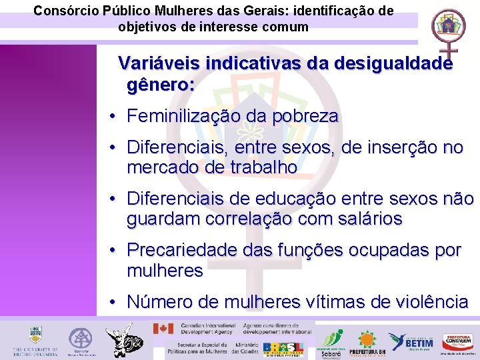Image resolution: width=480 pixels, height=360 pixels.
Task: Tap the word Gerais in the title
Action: click(254, 11)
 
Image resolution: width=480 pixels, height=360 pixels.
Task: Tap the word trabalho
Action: click(259, 167)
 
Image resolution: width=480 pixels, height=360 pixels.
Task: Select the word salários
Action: click(363, 219)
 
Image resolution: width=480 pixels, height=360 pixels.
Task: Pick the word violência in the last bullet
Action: click(427, 302)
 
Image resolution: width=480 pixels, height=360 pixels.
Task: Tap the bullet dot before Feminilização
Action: click(114, 116)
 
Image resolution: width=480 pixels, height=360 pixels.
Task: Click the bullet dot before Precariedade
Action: click(114, 250)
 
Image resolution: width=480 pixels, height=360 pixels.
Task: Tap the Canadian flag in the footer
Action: click(163, 329)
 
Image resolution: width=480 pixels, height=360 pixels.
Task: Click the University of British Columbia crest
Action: click(35, 334)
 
